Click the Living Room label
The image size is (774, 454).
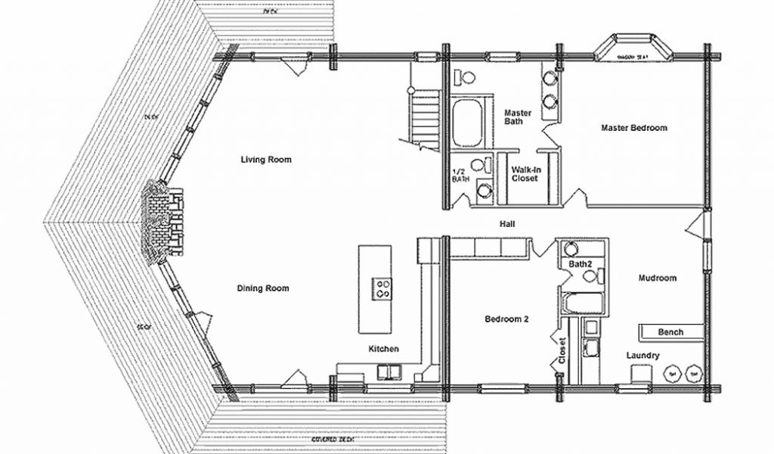(266, 160)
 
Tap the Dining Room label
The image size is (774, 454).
(263, 288)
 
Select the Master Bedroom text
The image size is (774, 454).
(633, 128)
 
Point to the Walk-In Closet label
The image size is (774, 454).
(525, 174)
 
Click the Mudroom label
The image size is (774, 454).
(657, 278)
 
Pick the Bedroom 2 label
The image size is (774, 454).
(506, 319)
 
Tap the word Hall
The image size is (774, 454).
(507, 225)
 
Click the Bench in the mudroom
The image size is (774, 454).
(670, 332)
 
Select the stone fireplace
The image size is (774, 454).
(161, 222)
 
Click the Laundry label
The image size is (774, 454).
(642, 356)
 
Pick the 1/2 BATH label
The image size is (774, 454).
(460, 176)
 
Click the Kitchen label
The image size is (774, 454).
(383, 349)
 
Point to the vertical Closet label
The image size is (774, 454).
(562, 350)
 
